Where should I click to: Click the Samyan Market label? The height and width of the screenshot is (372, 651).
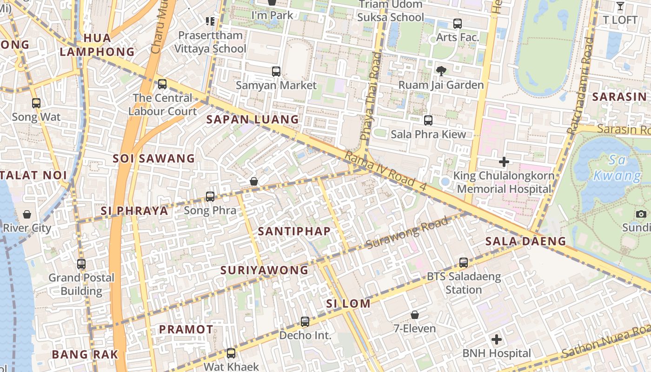pos(276,86)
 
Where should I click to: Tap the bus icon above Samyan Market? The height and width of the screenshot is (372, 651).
pos(276,72)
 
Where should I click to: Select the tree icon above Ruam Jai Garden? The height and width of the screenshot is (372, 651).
pos(441,71)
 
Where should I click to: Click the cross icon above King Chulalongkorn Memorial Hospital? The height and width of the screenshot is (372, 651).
pos(504,162)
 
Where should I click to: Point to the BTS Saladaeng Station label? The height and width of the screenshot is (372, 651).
pos(464,283)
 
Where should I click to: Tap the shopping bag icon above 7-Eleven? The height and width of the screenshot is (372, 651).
pos(415,315)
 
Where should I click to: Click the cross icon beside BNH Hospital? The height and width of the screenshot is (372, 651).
pos(497,339)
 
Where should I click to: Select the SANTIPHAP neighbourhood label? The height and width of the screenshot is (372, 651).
pos(294,231)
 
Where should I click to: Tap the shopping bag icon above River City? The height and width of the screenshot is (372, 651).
pos(27,214)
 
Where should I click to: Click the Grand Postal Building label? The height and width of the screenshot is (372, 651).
pos(82,284)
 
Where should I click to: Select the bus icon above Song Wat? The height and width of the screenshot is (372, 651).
pos(36,103)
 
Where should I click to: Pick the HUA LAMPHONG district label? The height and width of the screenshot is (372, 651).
pos(97,45)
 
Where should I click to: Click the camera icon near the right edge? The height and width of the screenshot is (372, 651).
pos(641,214)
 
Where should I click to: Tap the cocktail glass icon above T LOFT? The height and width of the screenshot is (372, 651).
pos(620,6)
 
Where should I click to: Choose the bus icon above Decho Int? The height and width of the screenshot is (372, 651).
pos(305,321)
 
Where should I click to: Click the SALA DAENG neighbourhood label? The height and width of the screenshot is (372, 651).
pos(525,241)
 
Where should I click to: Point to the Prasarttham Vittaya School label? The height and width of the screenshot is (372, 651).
pos(211,42)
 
